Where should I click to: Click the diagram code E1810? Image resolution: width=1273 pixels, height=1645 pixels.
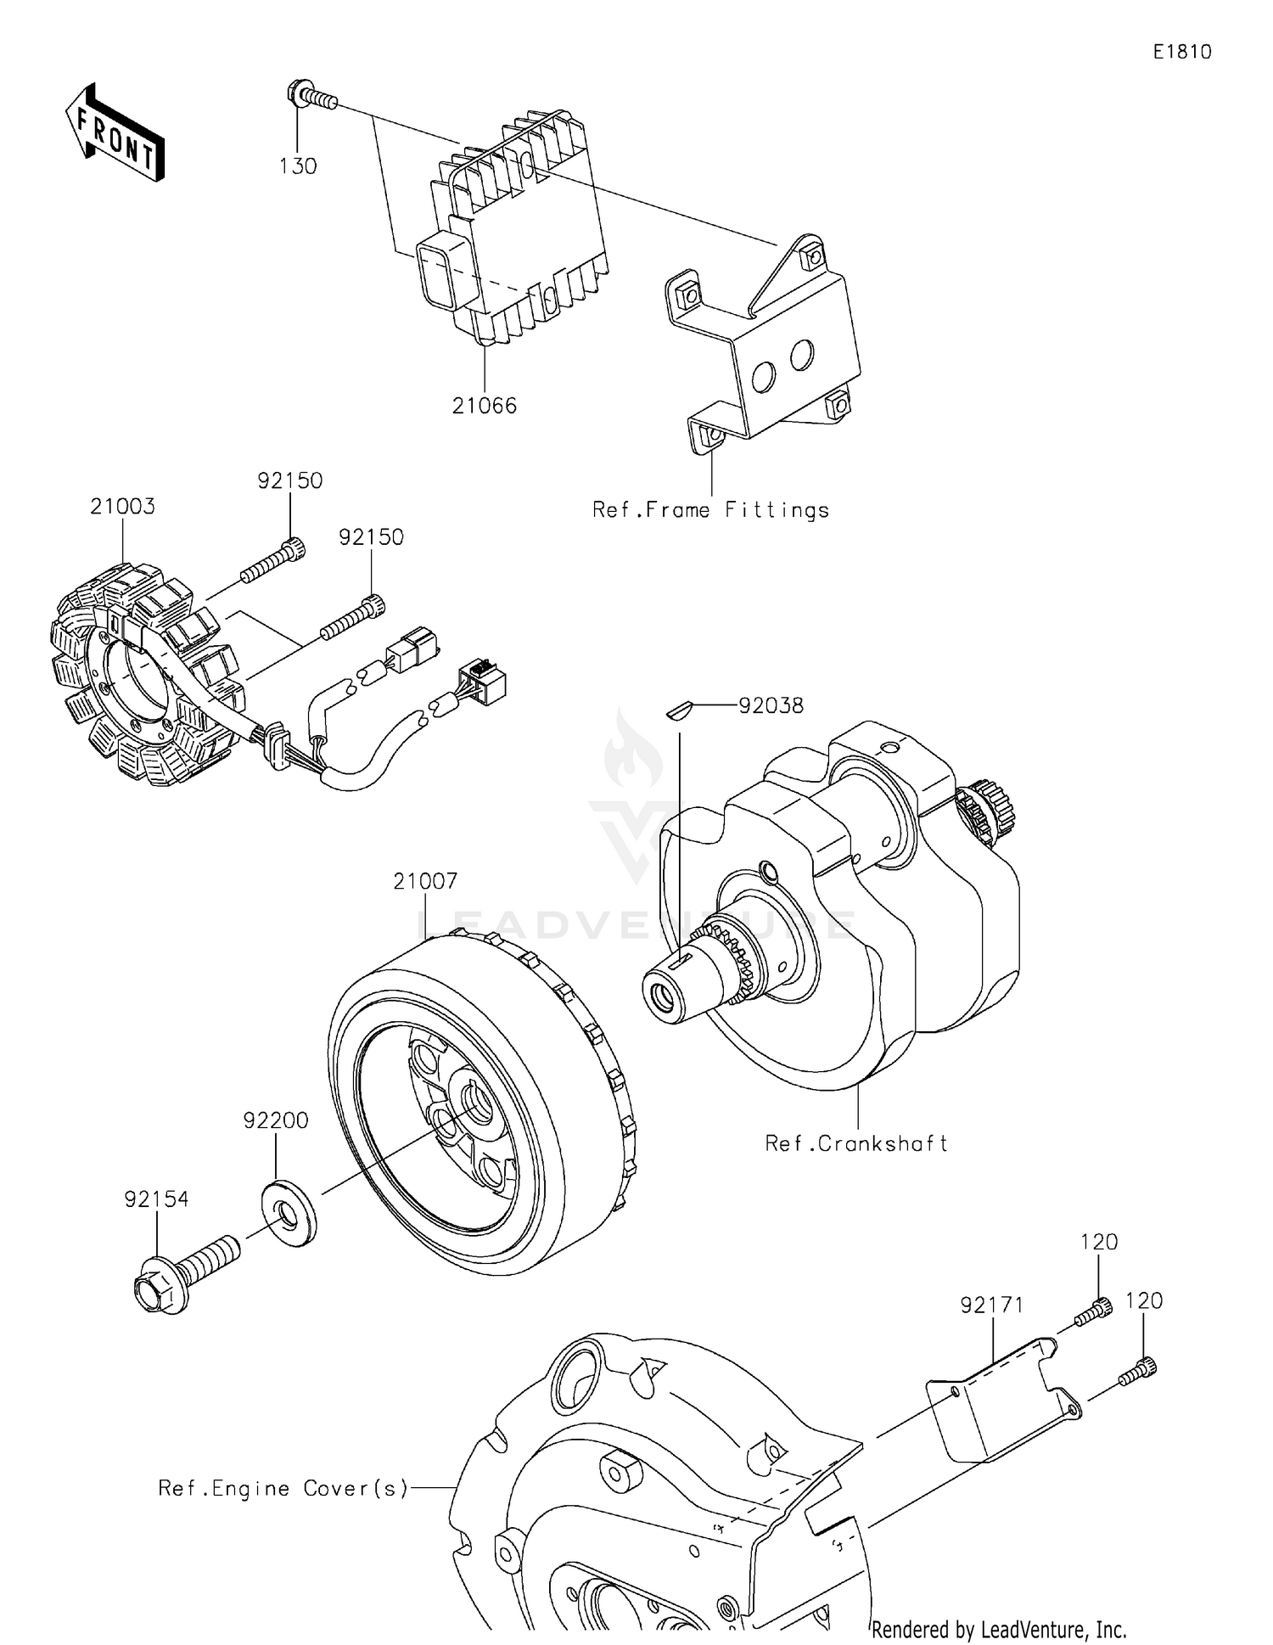[1181, 52]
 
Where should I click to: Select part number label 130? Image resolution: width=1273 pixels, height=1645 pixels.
[298, 166]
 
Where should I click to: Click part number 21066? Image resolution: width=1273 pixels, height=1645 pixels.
[484, 406]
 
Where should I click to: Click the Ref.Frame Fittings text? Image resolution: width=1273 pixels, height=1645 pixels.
[710, 510]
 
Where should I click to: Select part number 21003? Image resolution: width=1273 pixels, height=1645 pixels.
[123, 507]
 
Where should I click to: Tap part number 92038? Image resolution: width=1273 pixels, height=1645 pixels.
[771, 705]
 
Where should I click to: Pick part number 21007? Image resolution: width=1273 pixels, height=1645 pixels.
[425, 881]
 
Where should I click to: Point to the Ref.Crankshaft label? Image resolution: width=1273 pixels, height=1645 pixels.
[855, 1143]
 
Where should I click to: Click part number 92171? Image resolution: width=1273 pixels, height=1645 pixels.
[992, 1305]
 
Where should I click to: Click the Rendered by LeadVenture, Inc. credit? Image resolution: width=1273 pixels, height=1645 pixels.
[999, 1629]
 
